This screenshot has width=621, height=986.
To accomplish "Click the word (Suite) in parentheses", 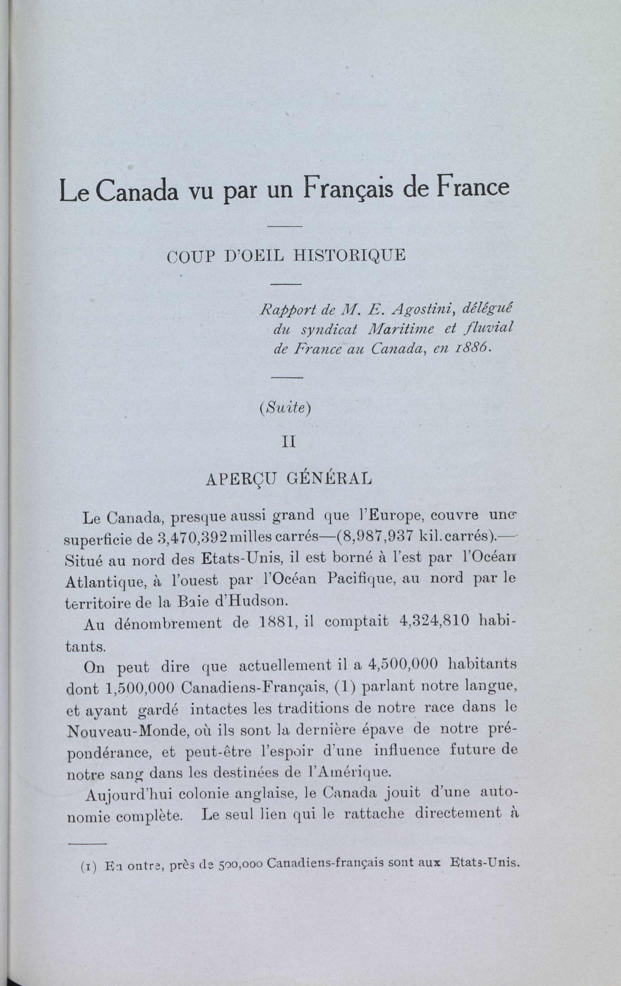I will pos(285,410).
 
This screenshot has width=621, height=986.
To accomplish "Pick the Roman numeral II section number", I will pos(289,443).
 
